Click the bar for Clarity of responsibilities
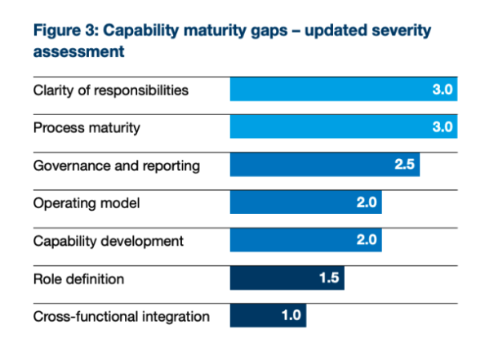pos(343,90)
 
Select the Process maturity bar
pos(343,127)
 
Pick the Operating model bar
pos(305,202)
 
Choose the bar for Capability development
pos(305,241)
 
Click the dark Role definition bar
pos(287,278)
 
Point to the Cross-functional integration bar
pos(268,316)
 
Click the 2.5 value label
pos(405,165)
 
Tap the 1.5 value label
pos(330,278)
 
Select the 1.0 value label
pos(292,316)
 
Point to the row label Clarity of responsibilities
pos(110,90)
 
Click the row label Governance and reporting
pos(116,166)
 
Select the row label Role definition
pos(78,279)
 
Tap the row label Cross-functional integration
pos(121,317)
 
